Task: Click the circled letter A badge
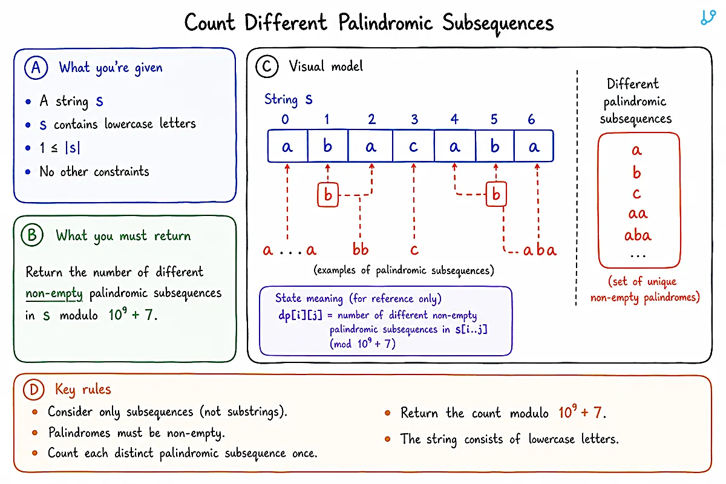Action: click(x=36, y=67)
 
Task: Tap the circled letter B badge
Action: click(x=32, y=235)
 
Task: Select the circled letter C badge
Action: click(x=267, y=66)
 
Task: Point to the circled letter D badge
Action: click(x=34, y=390)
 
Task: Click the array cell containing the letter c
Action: click(x=413, y=146)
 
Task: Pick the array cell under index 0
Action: click(x=288, y=146)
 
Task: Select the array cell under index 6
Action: click(x=534, y=146)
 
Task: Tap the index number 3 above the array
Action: click(x=414, y=119)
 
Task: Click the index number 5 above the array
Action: click(x=494, y=119)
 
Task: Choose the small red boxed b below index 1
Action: click(x=328, y=195)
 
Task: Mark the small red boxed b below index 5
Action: click(x=496, y=194)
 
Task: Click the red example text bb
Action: click(x=361, y=249)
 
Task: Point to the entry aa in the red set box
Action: click(x=638, y=214)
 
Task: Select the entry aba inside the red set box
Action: click(x=638, y=235)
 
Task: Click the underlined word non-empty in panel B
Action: click(x=54, y=293)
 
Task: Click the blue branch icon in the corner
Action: click(x=708, y=18)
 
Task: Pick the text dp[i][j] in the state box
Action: click(x=300, y=315)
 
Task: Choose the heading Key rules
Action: click(x=83, y=389)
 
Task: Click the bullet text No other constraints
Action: click(x=94, y=171)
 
